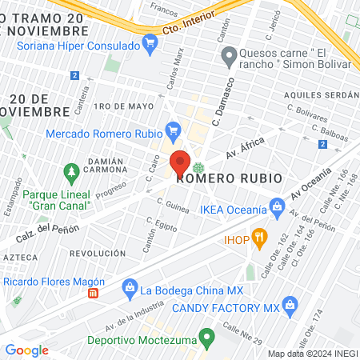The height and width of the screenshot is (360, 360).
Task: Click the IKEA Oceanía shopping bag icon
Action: point(278,207)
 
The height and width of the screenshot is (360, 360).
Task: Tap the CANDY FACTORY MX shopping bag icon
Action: point(290,304)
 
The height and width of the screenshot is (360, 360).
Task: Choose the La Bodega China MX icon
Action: point(127,286)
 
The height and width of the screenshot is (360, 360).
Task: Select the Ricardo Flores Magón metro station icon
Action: point(94,293)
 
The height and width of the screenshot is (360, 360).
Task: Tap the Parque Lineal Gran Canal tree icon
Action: point(72,172)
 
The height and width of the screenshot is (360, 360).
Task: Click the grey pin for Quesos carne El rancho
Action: point(227,57)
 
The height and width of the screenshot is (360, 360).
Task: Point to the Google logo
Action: point(27,350)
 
